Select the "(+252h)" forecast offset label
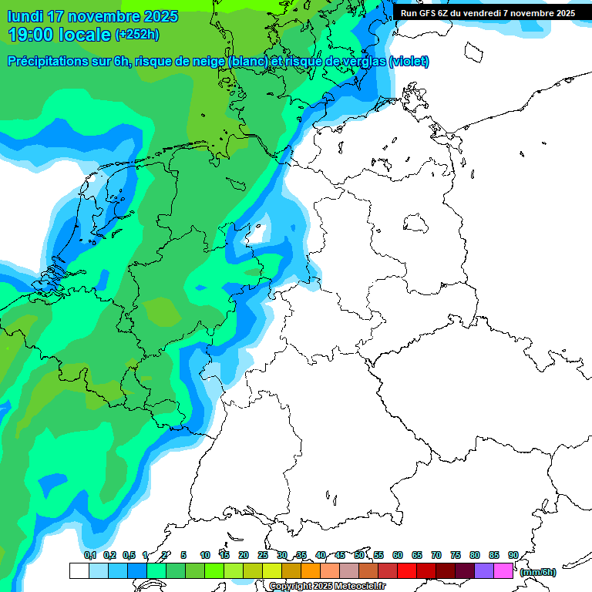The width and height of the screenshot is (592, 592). tap(137, 34)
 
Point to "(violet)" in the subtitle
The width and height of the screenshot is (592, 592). tap(409, 62)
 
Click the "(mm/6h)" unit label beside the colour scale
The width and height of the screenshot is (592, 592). tap(538, 572)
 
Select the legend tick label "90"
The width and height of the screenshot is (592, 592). tap(513, 555)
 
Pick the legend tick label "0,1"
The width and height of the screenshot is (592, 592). tap(89, 555)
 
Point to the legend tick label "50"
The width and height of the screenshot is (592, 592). tap(359, 555)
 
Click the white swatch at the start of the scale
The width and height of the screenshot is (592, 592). tap(79, 570)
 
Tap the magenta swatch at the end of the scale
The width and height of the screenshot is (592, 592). tap(503, 570)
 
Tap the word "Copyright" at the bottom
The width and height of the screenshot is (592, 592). tap(289, 587)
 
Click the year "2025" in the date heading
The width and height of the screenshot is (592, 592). tap(151, 16)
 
